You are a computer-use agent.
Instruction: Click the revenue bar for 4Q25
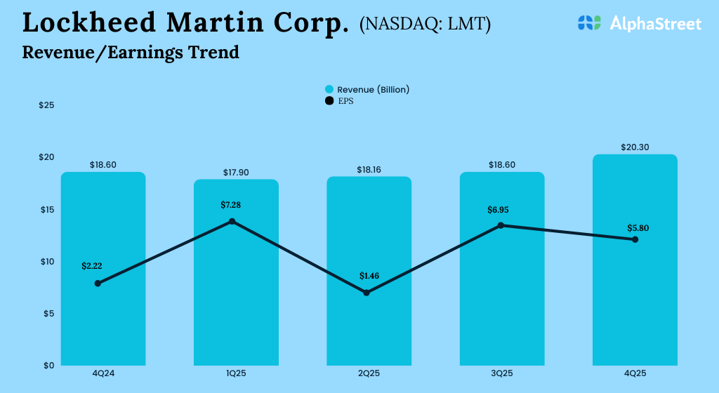pos(635,302)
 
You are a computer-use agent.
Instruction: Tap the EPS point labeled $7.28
pos(232,222)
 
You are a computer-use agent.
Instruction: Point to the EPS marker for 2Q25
pos(366,293)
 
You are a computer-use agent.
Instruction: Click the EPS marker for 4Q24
pos(98,284)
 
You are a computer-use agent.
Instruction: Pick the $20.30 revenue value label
pos(634,147)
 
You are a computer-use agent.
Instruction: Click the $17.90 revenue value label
pos(236,172)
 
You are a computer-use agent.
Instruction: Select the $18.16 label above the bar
pos(369,169)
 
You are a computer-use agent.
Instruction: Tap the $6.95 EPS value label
pos(501,210)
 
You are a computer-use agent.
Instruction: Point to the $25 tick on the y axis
pos(47,105)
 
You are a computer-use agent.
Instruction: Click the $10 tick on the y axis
pos(47,262)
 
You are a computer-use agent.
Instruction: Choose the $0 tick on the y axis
pos(47,366)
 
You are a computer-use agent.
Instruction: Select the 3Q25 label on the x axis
pos(501,374)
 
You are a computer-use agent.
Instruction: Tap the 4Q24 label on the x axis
pos(103,374)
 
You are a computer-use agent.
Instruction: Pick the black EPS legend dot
pos(329,101)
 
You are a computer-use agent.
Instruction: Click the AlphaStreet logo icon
pos(589,23)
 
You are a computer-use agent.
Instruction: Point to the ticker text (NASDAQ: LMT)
pos(425,24)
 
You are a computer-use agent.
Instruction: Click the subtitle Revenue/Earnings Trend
pos(131,52)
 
